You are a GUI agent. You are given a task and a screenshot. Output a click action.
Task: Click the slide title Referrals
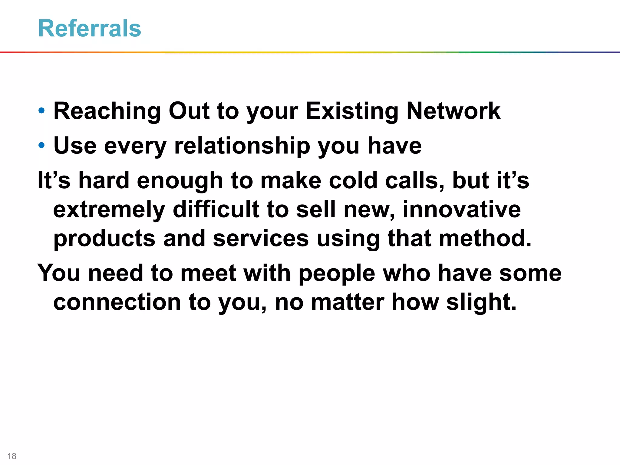click(x=90, y=28)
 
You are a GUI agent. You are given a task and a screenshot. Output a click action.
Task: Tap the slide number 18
click(x=12, y=456)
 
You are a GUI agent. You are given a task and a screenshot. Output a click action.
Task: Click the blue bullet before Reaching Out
click(x=42, y=110)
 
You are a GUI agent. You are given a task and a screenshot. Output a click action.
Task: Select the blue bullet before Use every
click(x=42, y=145)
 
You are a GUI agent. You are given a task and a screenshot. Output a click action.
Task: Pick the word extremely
click(x=109, y=210)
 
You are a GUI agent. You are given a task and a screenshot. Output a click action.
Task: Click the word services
click(x=261, y=239)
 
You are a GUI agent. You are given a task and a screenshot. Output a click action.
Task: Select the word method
click(x=485, y=238)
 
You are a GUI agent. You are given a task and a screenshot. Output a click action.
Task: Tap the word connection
click(x=117, y=302)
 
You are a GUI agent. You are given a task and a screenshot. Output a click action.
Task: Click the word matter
click(x=348, y=302)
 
